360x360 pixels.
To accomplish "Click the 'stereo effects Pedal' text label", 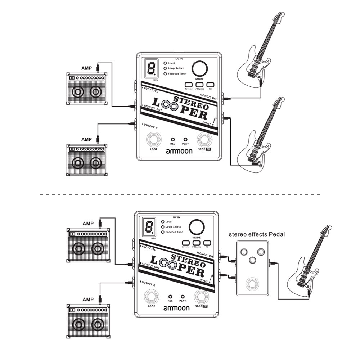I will coord(257,234).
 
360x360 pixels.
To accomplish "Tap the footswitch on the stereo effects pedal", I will coord(252,284).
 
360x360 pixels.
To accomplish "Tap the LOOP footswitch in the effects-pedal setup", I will coord(151,297).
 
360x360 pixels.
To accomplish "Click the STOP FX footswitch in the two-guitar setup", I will coord(204,139).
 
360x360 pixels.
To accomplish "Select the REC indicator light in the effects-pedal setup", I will coord(170,296).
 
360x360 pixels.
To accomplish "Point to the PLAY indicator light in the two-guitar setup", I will coord(186,139).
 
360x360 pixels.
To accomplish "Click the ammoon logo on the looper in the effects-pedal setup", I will coord(176,308).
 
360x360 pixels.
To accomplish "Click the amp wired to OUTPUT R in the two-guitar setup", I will coord(86,159).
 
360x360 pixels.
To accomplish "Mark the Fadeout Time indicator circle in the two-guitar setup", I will coord(165,73).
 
